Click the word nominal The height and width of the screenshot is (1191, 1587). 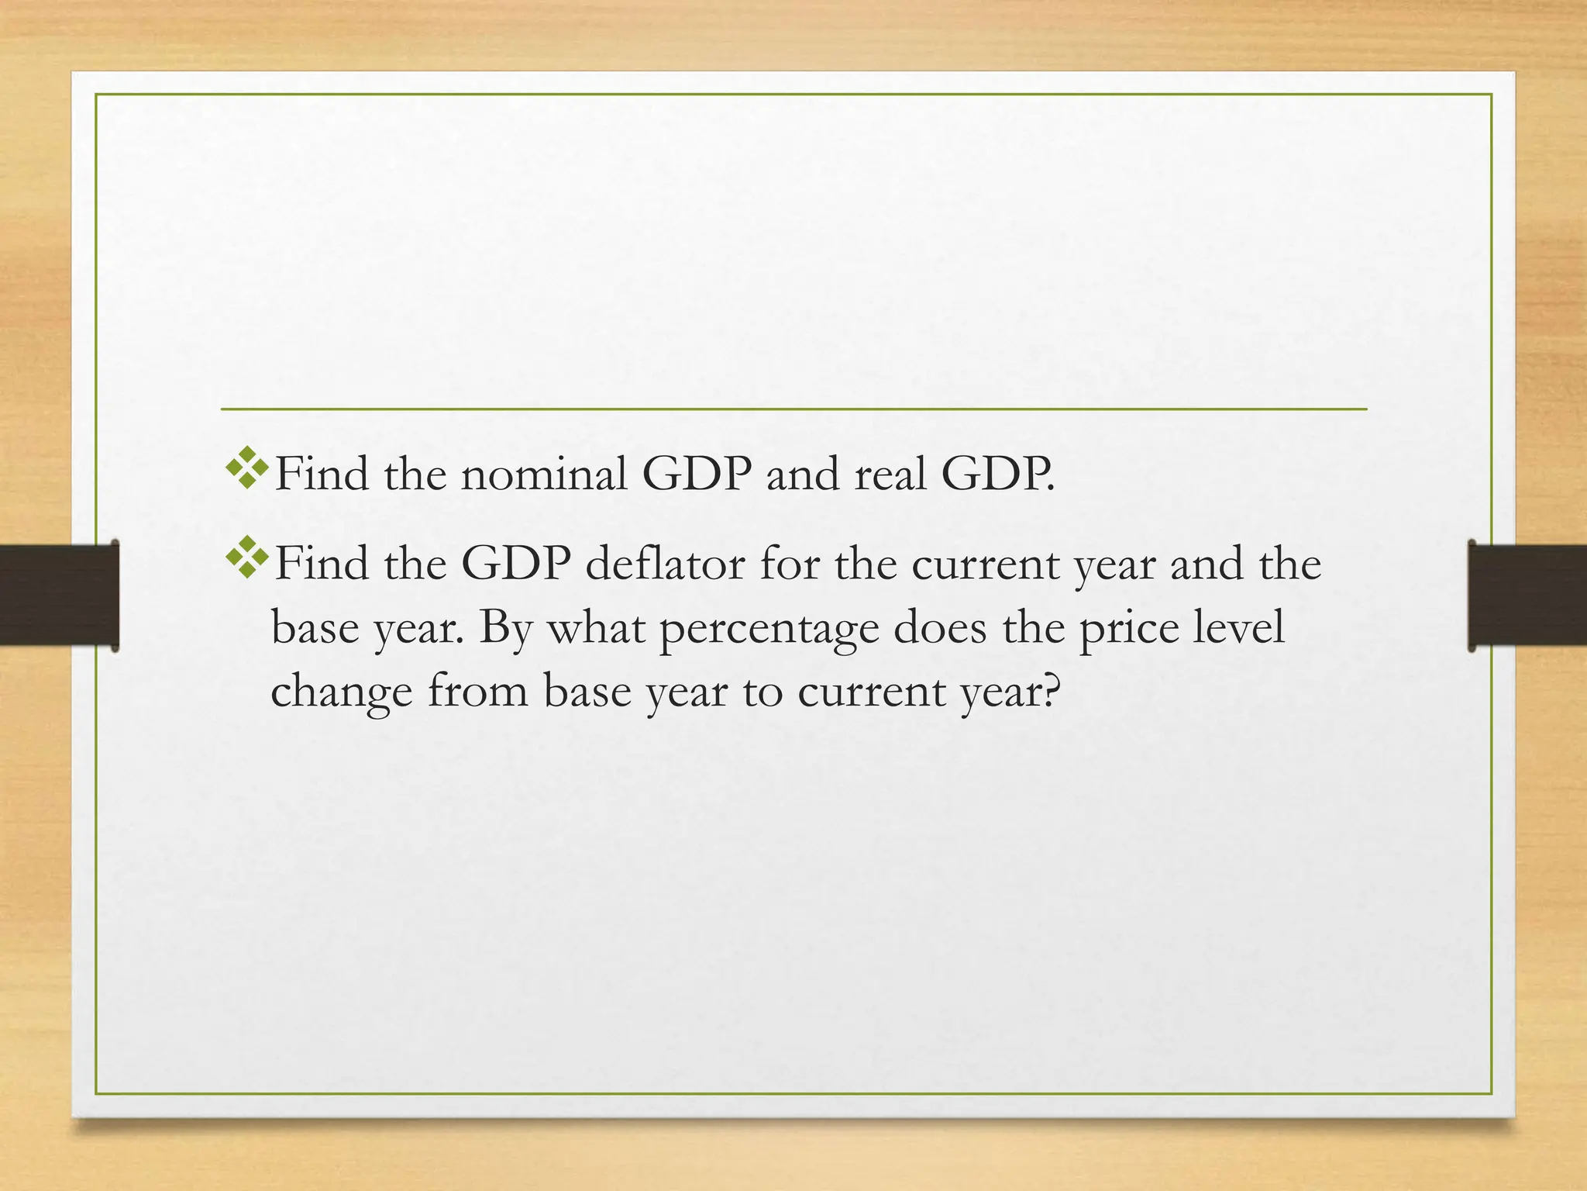point(543,475)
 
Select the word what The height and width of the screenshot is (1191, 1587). point(597,628)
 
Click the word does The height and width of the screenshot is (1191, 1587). point(939,628)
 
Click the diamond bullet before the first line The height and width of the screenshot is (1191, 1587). point(247,468)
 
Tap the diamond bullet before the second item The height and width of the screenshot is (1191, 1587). point(247,557)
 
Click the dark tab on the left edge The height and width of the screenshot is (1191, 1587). point(59,595)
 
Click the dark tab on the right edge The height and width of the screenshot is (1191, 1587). point(1527,595)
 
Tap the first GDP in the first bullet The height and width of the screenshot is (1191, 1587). point(697,475)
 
